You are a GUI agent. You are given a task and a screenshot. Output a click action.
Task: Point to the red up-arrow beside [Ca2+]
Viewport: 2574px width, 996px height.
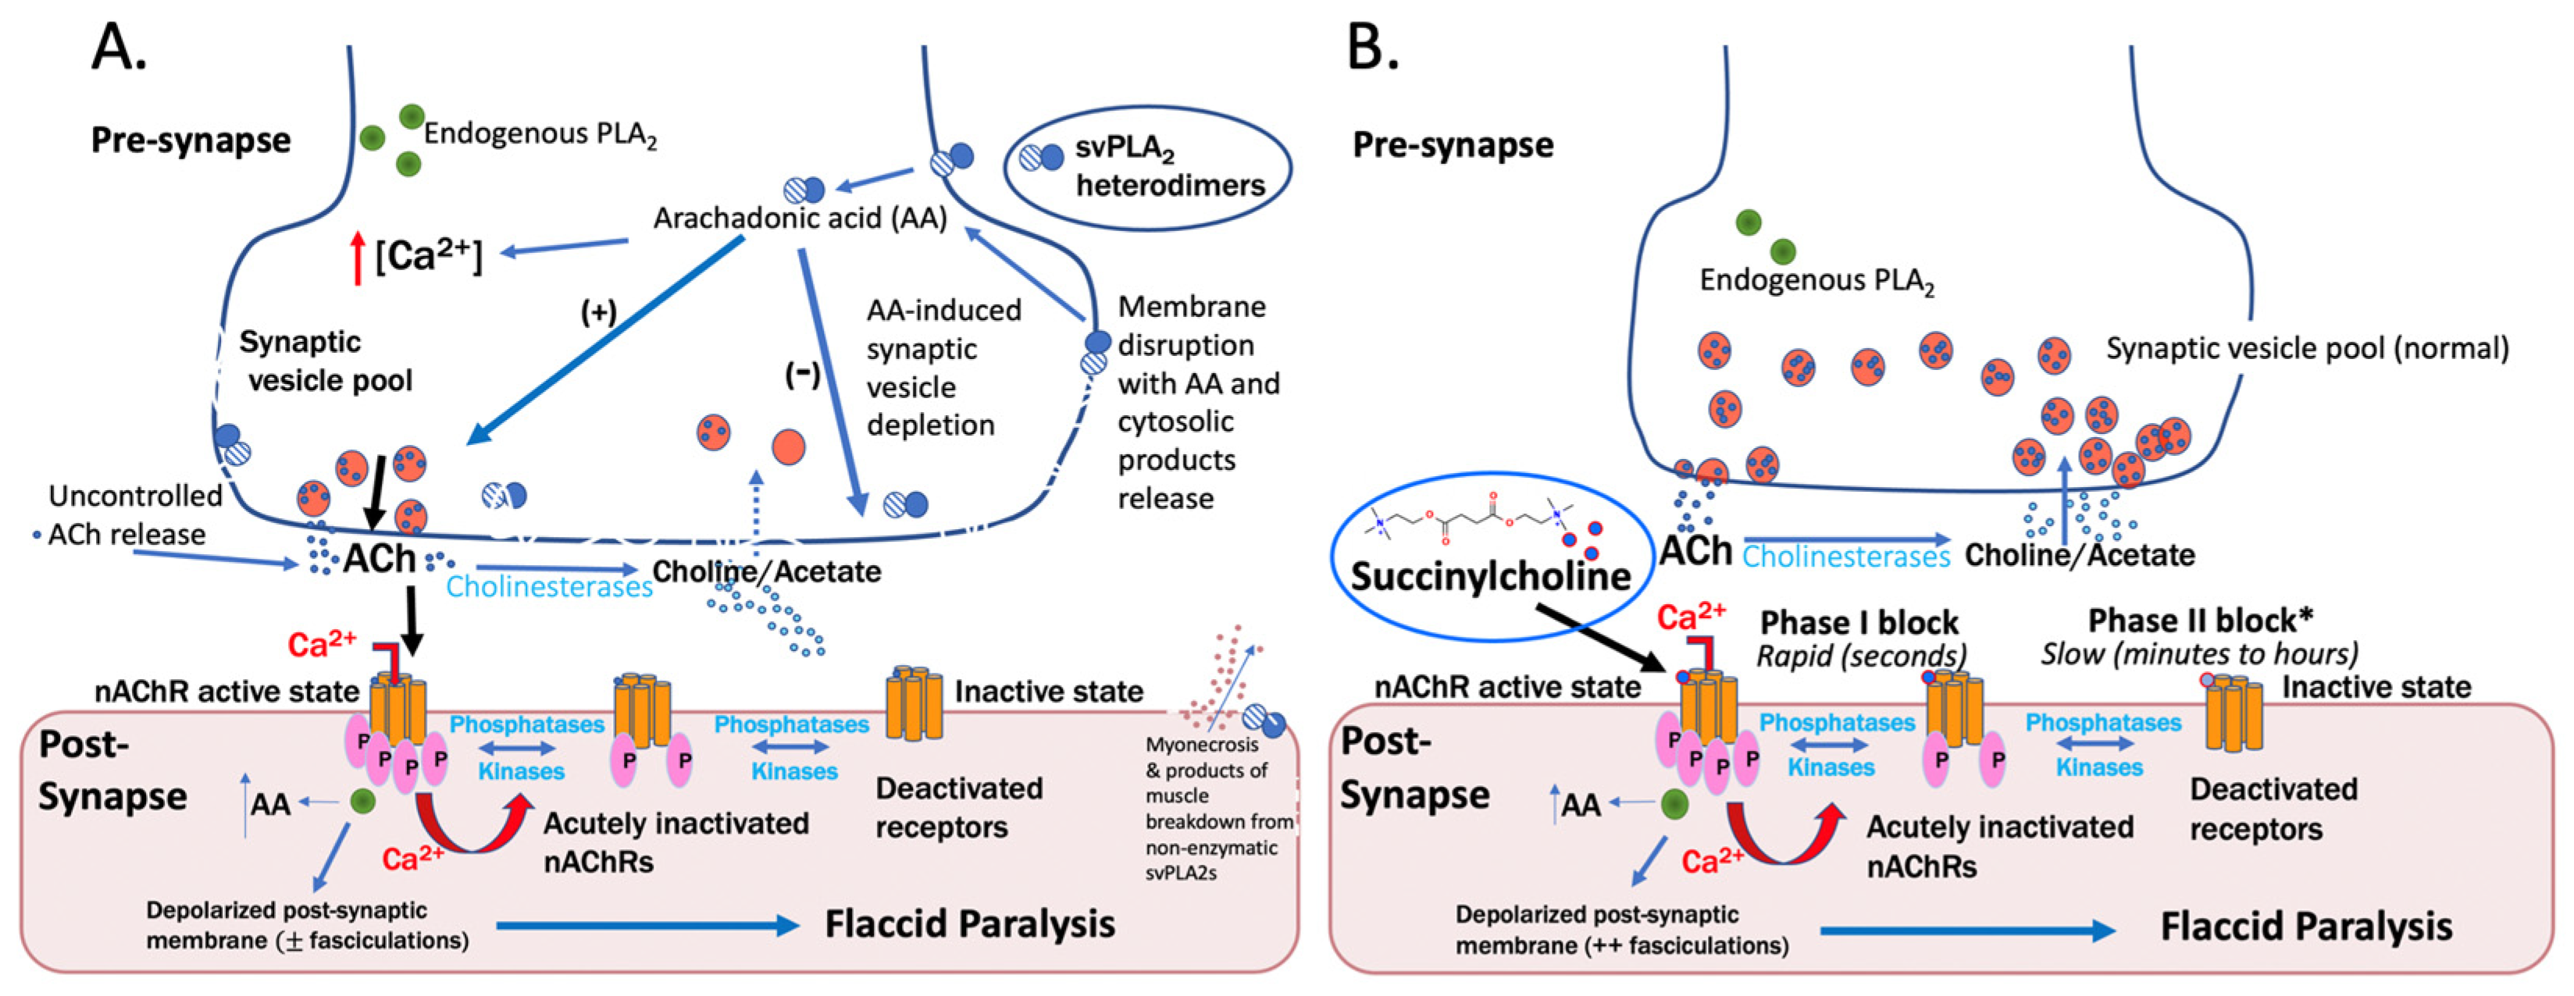pyautogui.click(x=358, y=258)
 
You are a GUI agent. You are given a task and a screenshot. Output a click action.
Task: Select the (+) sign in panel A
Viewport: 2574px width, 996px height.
pyautogui.click(x=597, y=313)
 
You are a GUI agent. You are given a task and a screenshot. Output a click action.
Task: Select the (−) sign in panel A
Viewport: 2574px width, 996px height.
pyautogui.click(x=802, y=375)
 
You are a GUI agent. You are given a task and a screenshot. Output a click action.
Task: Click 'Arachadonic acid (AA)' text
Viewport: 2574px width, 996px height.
pyautogui.click(x=800, y=218)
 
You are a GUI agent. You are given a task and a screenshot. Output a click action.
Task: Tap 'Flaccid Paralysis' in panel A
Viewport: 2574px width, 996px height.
pyautogui.click(x=969, y=924)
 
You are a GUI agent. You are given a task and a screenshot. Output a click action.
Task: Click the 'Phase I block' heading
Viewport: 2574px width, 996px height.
pyautogui.click(x=1859, y=622)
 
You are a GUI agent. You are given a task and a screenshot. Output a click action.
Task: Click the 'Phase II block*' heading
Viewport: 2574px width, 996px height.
pyautogui.click(x=2199, y=621)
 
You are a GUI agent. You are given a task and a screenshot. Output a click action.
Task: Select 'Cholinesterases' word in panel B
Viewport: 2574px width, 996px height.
pyautogui.click(x=1845, y=557)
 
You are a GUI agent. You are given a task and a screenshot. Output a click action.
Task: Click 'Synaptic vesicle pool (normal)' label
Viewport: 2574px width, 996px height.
pyautogui.click(x=2306, y=349)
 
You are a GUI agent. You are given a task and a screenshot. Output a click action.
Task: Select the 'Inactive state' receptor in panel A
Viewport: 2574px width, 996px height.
pyautogui.click(x=913, y=703)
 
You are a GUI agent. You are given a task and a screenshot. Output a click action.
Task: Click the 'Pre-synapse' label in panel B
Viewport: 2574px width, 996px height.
pyautogui.click(x=1452, y=145)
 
